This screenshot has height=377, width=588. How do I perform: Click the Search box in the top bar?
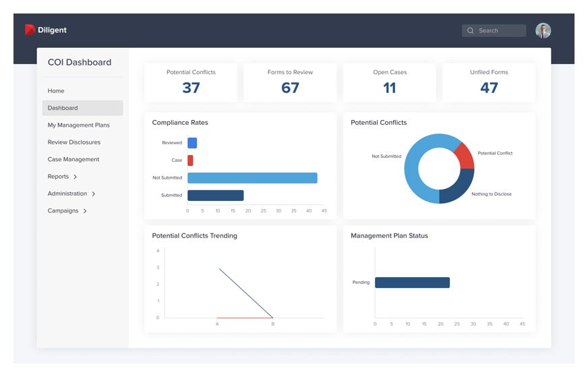point(494,30)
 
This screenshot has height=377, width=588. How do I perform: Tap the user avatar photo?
point(543,30)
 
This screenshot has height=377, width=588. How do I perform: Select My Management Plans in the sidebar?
point(78,125)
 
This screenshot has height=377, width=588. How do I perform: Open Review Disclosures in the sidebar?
point(73,142)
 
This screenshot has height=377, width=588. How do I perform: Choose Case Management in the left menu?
point(73,159)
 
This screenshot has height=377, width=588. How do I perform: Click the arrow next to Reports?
point(75,177)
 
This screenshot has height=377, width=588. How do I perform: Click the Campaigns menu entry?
point(63,211)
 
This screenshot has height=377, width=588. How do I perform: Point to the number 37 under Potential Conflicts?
point(191,88)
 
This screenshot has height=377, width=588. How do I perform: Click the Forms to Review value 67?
point(290,88)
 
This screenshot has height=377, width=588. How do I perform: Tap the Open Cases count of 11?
point(390,88)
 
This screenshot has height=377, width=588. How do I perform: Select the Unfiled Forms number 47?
point(489,88)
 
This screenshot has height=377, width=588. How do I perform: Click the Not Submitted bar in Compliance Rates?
point(252,178)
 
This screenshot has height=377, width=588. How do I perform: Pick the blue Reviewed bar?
point(192,143)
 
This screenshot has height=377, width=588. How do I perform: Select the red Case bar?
point(190,161)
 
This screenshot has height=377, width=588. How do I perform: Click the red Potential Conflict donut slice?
point(464,156)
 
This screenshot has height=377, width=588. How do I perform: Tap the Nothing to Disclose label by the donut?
point(491,194)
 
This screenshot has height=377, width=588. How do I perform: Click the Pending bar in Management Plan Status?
point(412,283)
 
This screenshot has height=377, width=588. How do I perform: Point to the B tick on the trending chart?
point(272,324)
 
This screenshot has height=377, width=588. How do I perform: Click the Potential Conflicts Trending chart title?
point(194,236)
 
